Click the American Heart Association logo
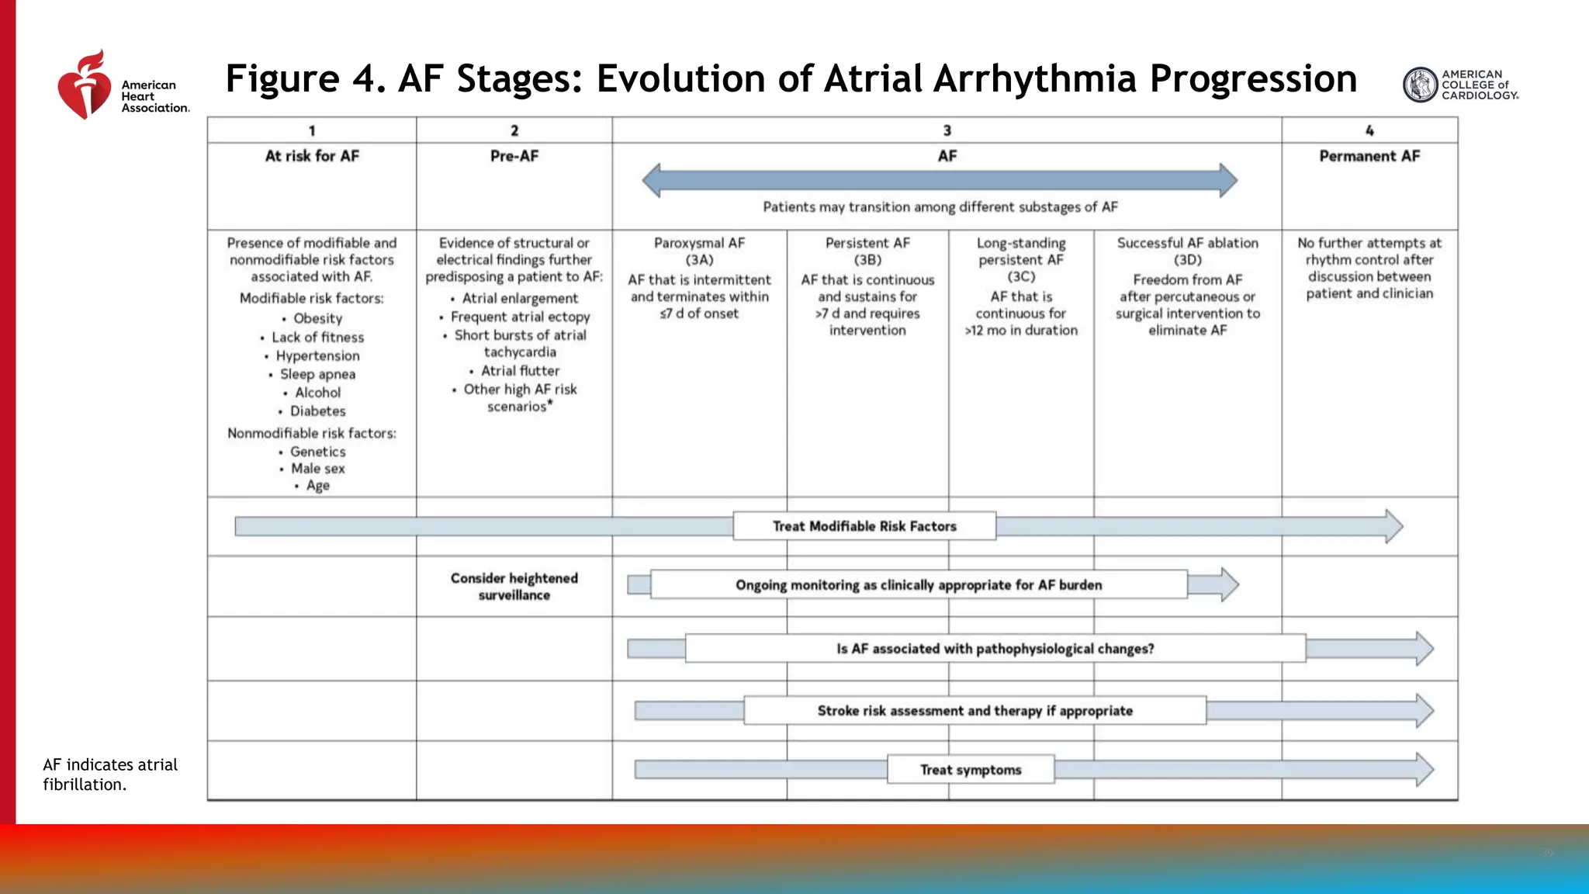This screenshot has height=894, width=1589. pyautogui.click(x=123, y=85)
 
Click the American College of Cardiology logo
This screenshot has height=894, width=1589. pyautogui.click(x=1459, y=85)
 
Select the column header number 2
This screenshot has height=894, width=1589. pyautogui.click(x=514, y=130)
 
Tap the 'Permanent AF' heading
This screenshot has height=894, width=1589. pyautogui.click(x=1369, y=156)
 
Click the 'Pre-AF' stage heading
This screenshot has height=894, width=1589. pyautogui.click(x=514, y=156)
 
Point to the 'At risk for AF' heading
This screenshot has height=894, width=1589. pyautogui.click(x=312, y=156)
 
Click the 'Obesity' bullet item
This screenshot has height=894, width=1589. pyautogui.click(x=317, y=318)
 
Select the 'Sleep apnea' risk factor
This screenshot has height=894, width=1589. pyautogui.click(x=317, y=374)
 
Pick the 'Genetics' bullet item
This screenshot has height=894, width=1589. pyautogui.click(x=317, y=452)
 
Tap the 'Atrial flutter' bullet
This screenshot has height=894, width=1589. pyautogui.click(x=520, y=371)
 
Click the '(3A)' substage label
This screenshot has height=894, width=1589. pyautogui.click(x=699, y=260)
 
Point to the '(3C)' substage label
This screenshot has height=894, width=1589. pyautogui.click(x=1021, y=277)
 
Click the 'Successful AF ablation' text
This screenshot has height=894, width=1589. pyautogui.click(x=1187, y=243)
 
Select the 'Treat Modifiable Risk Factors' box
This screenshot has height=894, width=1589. pyautogui.click(x=864, y=526)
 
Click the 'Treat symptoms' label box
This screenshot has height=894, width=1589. pyautogui.click(x=971, y=770)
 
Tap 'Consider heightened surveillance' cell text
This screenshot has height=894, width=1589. pyautogui.click(x=514, y=587)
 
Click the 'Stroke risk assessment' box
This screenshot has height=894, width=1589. pyautogui.click(x=975, y=711)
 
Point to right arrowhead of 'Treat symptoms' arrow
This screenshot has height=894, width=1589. pyautogui.click(x=1425, y=770)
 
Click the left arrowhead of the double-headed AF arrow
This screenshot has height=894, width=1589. pyautogui.click(x=653, y=180)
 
